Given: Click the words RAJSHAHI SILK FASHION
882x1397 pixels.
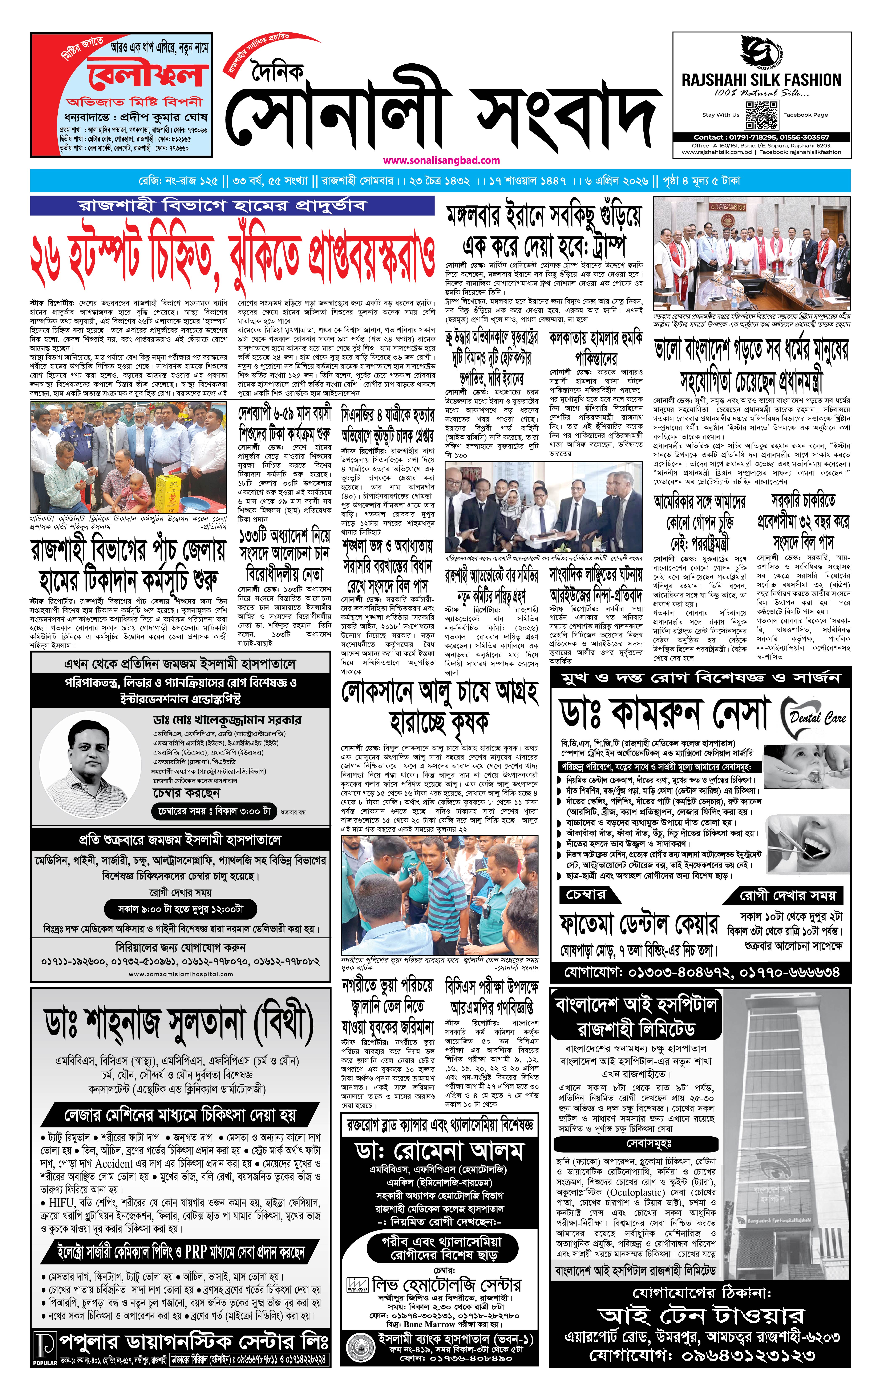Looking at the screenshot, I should point(761,80).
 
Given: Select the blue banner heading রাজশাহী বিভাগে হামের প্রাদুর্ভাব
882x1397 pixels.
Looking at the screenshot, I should point(232,205).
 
